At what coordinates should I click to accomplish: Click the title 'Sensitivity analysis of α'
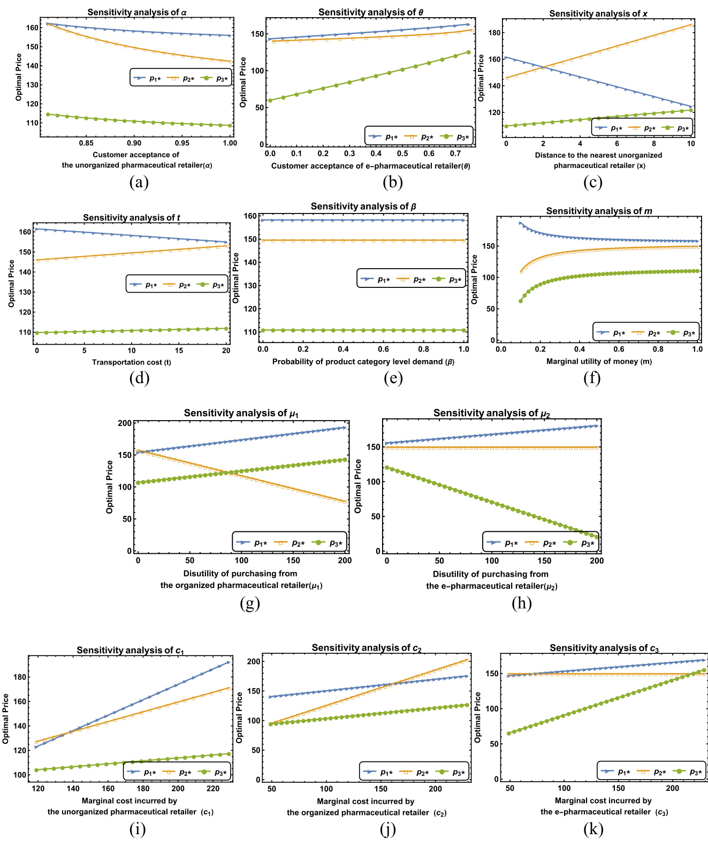[137, 12]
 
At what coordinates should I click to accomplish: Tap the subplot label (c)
[592, 182]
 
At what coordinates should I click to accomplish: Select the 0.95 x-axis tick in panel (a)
[182, 143]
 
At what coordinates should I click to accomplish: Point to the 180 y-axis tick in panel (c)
[494, 33]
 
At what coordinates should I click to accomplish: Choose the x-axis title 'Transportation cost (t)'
[132, 362]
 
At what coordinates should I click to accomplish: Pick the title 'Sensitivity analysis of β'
[363, 207]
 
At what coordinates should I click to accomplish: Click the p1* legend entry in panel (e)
[378, 279]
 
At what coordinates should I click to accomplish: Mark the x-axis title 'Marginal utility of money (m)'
[599, 362]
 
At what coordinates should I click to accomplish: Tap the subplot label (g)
[250, 604]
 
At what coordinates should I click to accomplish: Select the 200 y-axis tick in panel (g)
[125, 423]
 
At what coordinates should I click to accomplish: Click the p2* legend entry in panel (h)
[543, 543]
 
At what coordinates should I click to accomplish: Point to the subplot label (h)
[521, 604]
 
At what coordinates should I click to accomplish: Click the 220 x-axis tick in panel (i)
[213, 789]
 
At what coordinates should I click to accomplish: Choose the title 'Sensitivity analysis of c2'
[367, 648]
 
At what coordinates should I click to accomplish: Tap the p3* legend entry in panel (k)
[690, 772]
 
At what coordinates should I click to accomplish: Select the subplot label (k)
[593, 829]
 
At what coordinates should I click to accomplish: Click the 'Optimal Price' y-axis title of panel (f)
[475, 279]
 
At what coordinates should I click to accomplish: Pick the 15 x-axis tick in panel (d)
[179, 350]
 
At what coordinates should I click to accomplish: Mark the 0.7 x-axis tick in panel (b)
[455, 154]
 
